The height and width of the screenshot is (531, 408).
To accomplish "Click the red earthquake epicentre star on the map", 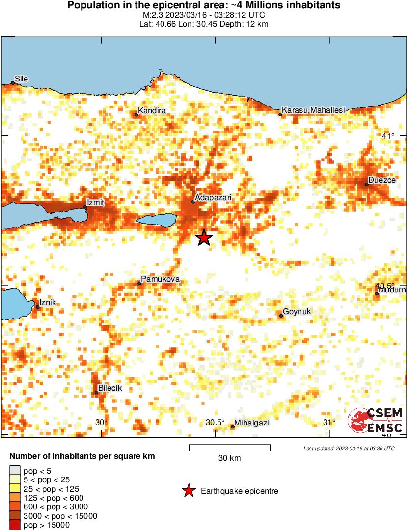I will (x=204, y=238).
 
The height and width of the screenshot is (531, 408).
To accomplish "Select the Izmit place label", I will (x=95, y=202).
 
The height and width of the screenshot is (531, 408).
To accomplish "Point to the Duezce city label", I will (x=382, y=180).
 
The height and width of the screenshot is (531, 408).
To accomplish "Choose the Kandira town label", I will (x=152, y=110).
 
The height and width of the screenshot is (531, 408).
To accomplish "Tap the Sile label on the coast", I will (x=22, y=78).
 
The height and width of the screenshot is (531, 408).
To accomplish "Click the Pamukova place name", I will (x=160, y=279).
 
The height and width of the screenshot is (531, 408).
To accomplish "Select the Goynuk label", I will (x=298, y=312).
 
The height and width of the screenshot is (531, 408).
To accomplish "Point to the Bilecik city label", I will (x=110, y=388).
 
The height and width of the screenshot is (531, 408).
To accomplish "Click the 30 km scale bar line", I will (x=230, y=446).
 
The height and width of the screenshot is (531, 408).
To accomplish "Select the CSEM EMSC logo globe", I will (x=357, y=421).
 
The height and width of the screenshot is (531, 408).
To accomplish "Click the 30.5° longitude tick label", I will (x=215, y=423).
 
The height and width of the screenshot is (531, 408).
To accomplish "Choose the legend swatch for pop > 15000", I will (x=15, y=525).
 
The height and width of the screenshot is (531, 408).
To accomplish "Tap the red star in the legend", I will (x=188, y=491).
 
